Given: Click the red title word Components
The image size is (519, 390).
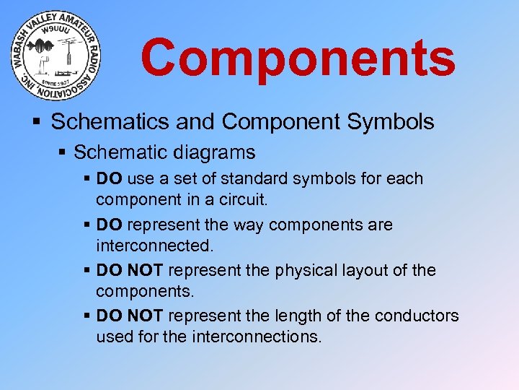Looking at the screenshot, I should [x=298, y=58].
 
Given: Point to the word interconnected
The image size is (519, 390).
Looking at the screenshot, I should [x=155, y=245].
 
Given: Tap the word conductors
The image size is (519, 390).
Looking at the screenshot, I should [x=420, y=316].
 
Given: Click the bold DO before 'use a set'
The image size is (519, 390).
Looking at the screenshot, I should [x=110, y=178].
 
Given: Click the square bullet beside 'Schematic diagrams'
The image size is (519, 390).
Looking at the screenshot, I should [x=63, y=153].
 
